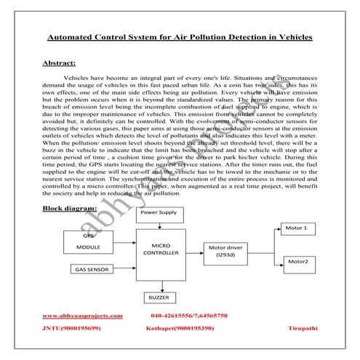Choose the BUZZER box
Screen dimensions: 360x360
(158, 298)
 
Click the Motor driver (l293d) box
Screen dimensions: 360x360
(229, 252)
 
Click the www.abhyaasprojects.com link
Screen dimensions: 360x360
(82, 316)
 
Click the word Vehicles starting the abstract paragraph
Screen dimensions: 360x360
(79, 76)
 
